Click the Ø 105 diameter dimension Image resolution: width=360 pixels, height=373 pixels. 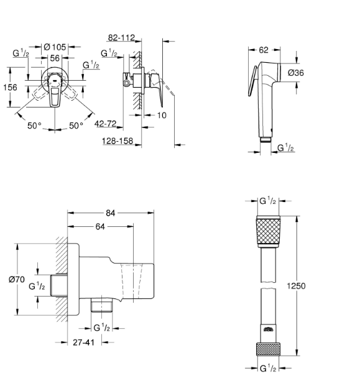pos(55,47)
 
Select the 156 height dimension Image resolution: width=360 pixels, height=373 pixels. pos(10,87)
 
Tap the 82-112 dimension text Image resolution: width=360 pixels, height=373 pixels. pos(121,37)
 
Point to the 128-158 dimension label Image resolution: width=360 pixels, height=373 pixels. pos(118,141)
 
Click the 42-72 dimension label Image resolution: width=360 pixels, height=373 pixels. pos(106,124)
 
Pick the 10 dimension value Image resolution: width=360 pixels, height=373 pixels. pos(162,116)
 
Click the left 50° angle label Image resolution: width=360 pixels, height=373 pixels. pos(34,126)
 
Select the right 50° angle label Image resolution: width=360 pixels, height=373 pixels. pos(76,126)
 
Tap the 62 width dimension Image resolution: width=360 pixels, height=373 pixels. pos(264,50)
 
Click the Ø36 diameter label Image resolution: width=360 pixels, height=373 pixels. pos(296,73)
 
